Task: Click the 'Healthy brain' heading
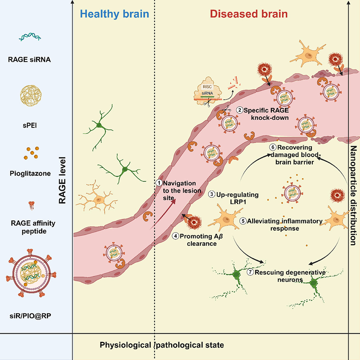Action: click(x=114, y=14)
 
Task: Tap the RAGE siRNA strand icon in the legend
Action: click(x=30, y=38)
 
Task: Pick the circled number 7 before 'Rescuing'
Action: click(x=251, y=272)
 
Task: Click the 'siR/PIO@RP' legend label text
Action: click(x=30, y=316)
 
